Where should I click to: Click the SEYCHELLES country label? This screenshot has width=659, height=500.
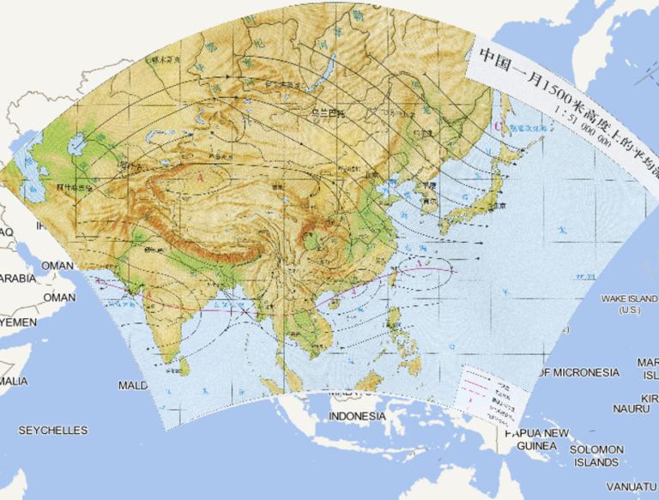pyautogui.click(x=53, y=430)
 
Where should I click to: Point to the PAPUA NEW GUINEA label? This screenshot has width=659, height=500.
pyautogui.click(x=536, y=439)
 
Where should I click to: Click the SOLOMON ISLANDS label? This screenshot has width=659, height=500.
pyautogui.click(x=596, y=455)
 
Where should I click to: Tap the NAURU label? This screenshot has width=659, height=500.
pyautogui.click(x=631, y=409)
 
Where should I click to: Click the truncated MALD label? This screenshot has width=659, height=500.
pyautogui.click(x=133, y=386)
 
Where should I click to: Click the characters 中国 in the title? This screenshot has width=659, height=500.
pyautogui.click(x=494, y=60)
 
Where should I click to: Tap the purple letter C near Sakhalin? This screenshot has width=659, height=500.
pyautogui.click(x=499, y=126)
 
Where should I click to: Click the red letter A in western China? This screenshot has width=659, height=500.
pyautogui.click(x=200, y=177)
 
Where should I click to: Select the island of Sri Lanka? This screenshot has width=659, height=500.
pyautogui.click(x=184, y=365)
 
